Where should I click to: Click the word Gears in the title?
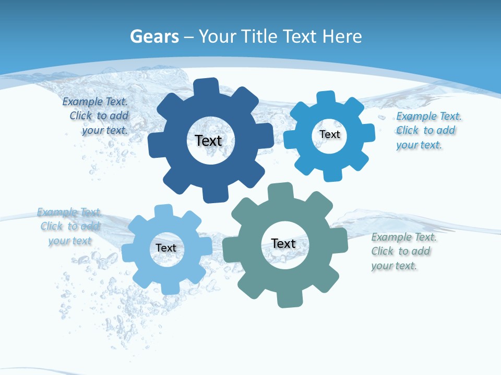pyautogui.click(x=154, y=36)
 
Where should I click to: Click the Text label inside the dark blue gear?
pyautogui.click(x=208, y=141)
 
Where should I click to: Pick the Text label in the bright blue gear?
pyautogui.click(x=330, y=134)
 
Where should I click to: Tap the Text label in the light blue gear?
pyautogui.click(x=166, y=248)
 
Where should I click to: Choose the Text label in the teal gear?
pyautogui.click(x=283, y=243)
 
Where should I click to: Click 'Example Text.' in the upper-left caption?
pyautogui.click(x=95, y=102)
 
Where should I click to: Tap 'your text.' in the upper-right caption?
pyautogui.click(x=419, y=145)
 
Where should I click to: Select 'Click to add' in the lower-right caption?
pyautogui.click(x=401, y=252)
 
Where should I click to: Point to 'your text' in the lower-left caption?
pyautogui.click(x=70, y=241)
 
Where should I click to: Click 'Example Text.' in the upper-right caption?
pyautogui.click(x=429, y=116)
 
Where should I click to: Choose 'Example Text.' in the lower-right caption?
pyautogui.click(x=404, y=238)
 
